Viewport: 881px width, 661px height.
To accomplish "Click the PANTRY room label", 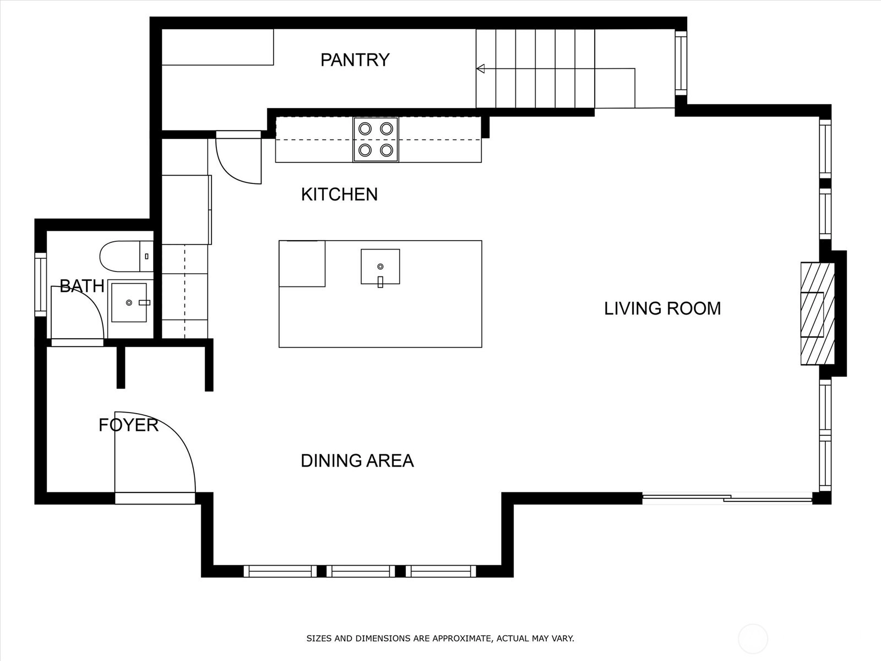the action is point(355,60).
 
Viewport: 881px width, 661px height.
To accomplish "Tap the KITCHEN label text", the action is point(339,194).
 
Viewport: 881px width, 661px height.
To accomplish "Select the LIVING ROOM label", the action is point(662,308).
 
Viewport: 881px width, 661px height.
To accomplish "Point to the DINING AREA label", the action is point(357,460).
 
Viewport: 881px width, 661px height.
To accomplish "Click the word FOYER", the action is point(128,425).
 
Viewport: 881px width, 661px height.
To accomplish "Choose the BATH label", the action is point(82,286).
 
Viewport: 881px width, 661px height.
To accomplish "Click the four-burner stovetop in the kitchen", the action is point(376,140).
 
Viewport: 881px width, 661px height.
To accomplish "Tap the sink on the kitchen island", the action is point(380,267).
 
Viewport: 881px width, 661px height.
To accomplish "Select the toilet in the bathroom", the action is point(127,257).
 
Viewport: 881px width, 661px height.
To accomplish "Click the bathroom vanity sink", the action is point(129,302).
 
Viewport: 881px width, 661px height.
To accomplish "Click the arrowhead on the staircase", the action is point(481,69).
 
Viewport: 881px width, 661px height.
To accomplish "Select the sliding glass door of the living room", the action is point(727,499).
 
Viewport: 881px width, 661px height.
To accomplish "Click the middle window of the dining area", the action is point(361,571).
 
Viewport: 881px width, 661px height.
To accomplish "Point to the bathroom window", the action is point(41,284).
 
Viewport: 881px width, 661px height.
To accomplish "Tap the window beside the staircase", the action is point(681,63).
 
